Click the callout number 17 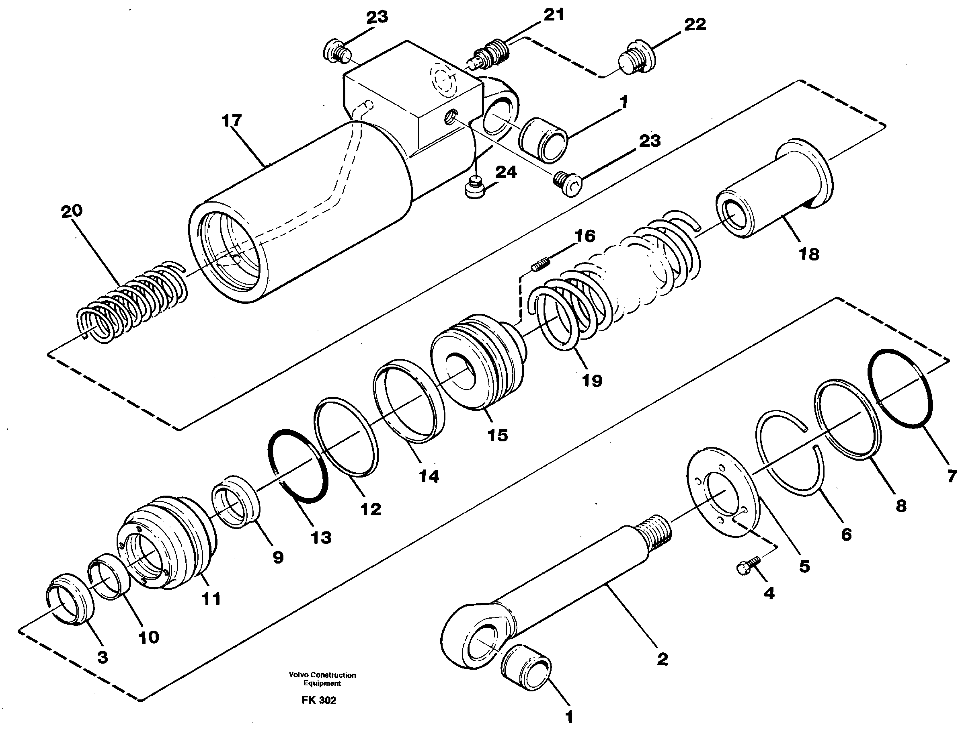click(232, 120)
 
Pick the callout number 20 click(72, 211)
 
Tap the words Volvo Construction click(322, 675)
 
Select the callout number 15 click(497, 435)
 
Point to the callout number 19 click(592, 380)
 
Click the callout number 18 click(809, 254)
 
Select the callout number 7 click(952, 476)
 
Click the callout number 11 click(211, 598)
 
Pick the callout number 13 click(321, 537)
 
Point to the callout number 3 click(102, 658)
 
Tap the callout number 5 click(804, 566)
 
